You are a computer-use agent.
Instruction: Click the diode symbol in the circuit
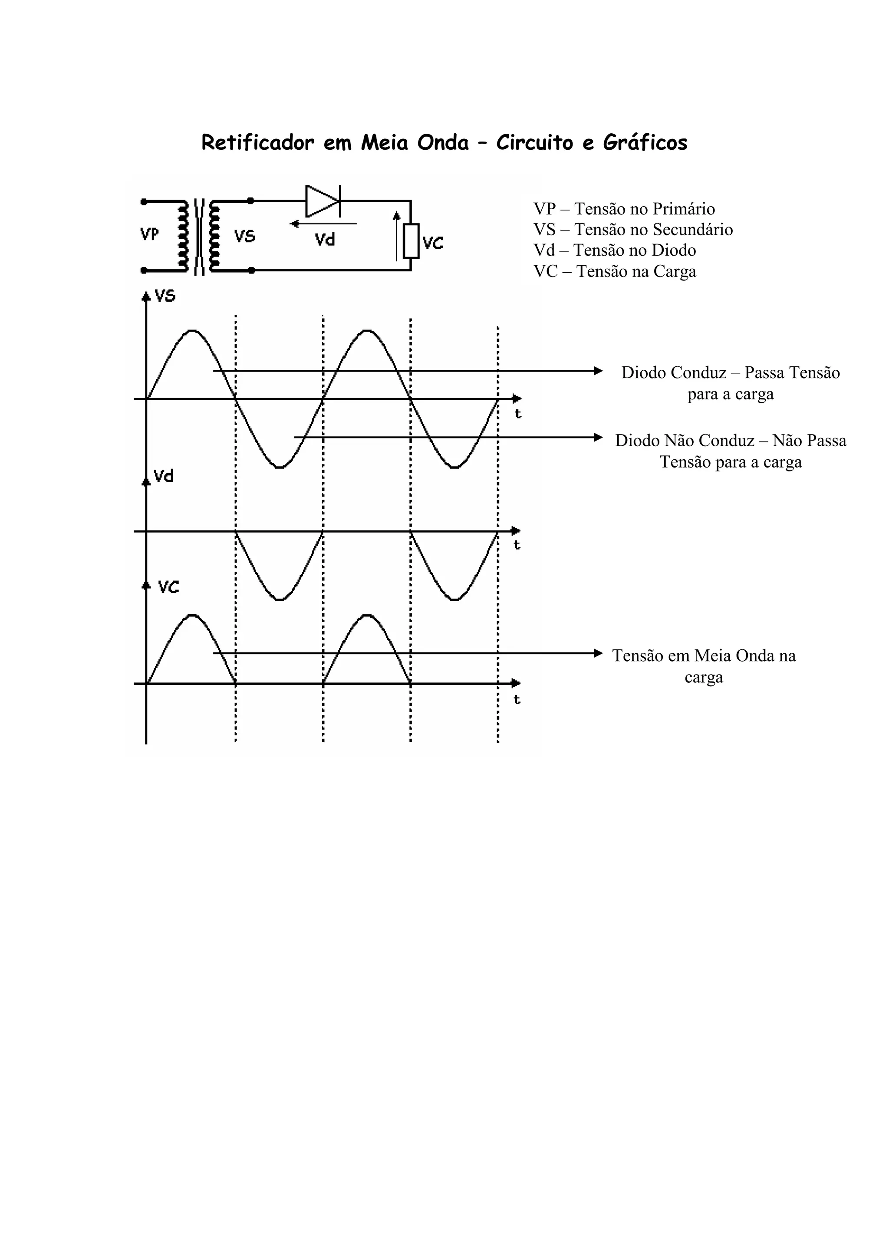(x=323, y=201)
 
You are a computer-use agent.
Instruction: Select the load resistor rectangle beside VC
(x=411, y=240)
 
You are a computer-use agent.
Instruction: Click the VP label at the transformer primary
(x=149, y=234)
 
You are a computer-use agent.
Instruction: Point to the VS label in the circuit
(x=244, y=236)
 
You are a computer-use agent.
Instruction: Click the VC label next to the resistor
(x=433, y=243)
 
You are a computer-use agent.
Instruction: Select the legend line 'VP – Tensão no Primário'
(x=624, y=209)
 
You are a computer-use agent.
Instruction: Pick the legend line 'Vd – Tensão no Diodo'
(x=615, y=250)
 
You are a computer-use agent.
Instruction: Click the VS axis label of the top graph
(x=165, y=296)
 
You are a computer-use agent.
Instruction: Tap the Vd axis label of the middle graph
(x=164, y=476)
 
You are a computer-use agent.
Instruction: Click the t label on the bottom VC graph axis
(x=517, y=700)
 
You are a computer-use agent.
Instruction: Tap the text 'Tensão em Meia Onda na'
(x=704, y=655)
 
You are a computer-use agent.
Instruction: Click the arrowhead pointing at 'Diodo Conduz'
(x=598, y=371)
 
